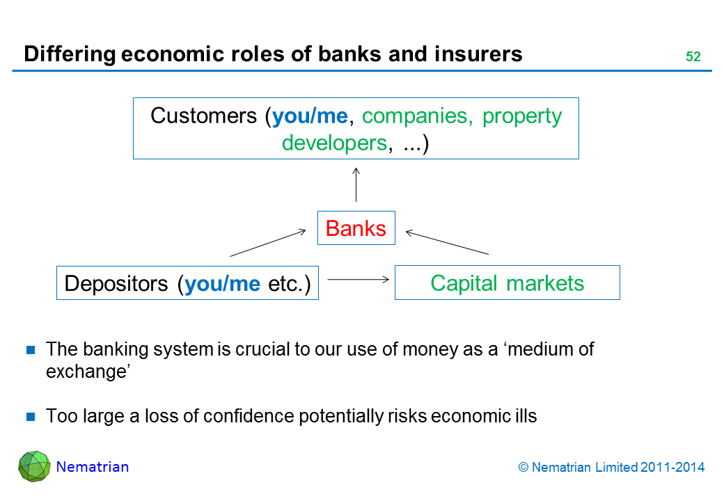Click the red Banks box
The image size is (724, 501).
tap(356, 228)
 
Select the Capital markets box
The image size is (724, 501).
tap(507, 283)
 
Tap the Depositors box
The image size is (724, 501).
tap(187, 283)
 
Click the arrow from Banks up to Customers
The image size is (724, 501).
tap(356, 185)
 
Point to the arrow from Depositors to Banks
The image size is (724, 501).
tap(267, 243)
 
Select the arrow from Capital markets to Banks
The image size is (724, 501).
tap(448, 242)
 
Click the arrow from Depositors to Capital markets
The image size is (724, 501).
tap(357, 279)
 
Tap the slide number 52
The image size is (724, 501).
tap(693, 58)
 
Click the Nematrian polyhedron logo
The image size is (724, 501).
tap(34, 467)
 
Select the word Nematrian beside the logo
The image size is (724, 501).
tap(93, 468)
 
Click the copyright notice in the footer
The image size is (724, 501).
tap(612, 468)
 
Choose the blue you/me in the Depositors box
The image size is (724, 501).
tap(222, 283)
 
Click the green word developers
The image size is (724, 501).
tap(333, 143)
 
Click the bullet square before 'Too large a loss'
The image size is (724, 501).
tap(31, 417)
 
